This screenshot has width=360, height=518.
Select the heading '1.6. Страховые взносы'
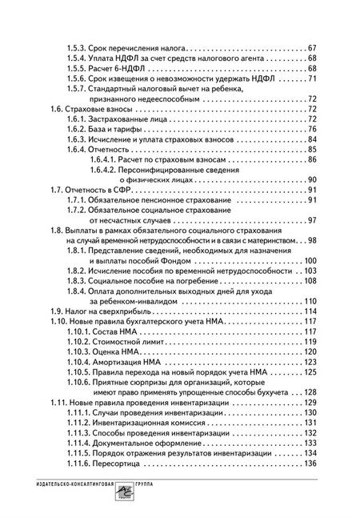pos(85,108)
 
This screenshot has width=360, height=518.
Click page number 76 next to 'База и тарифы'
pos(312,129)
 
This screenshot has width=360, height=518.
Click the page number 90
pos(312,179)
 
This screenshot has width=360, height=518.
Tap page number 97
pos(312,219)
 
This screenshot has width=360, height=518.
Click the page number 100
pos(310,261)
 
